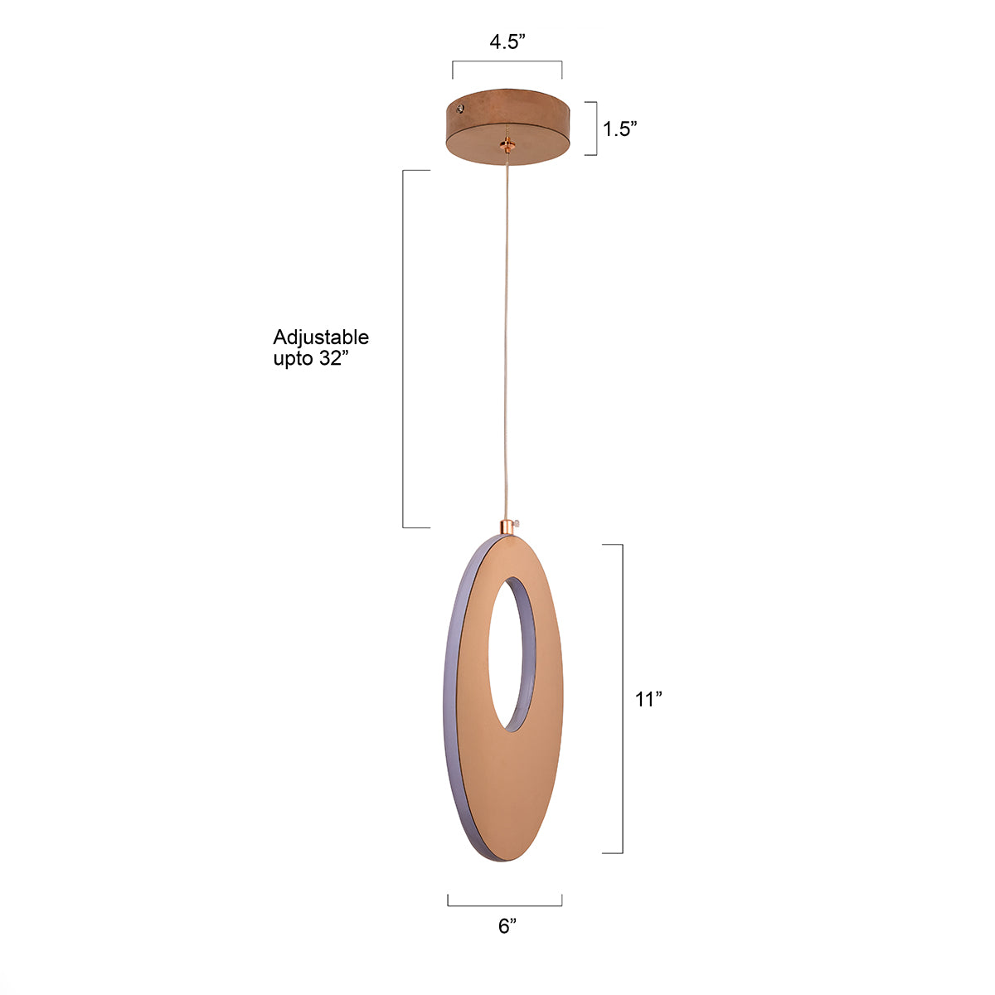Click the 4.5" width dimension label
[507, 43]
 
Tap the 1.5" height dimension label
[619, 129]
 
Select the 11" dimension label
[648, 699]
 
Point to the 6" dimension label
[507, 927]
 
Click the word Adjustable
[321, 337]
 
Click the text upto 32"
[308, 358]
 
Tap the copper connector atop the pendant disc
[505, 527]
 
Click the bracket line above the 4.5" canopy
[507, 62]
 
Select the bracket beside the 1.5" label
[595, 129]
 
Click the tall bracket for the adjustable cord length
[404, 348]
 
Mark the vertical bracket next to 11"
[622, 699]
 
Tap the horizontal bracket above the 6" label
[505, 905]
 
